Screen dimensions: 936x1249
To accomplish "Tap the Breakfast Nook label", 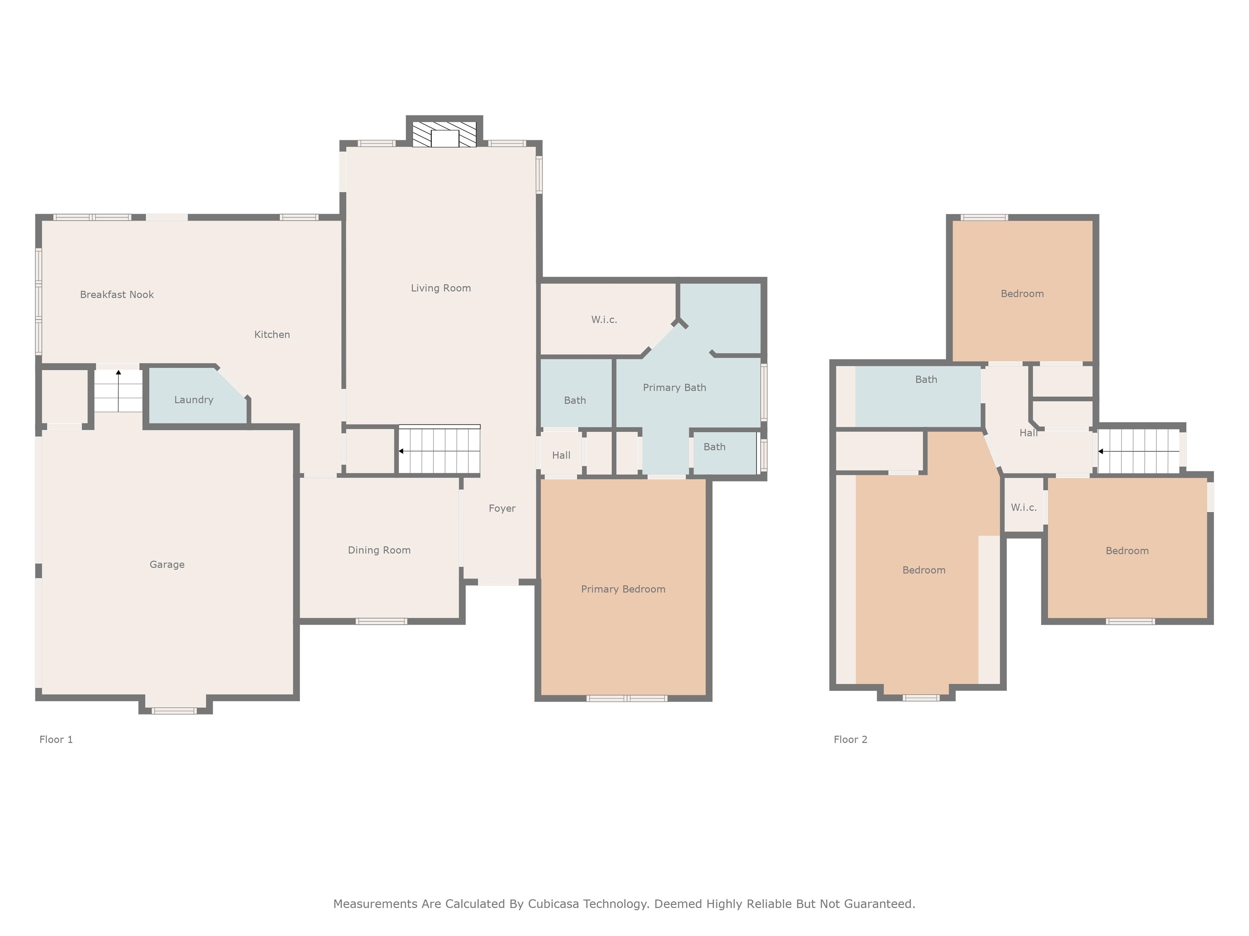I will pyautogui.click(x=117, y=295).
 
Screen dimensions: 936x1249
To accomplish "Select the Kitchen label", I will pyautogui.click(x=272, y=335).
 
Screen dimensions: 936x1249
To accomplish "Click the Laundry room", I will pyautogui.click(x=194, y=399).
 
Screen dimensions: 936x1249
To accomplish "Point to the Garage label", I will pyautogui.click(x=167, y=564).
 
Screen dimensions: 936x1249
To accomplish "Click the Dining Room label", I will pyautogui.click(x=379, y=550).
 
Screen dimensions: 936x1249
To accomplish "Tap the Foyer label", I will pyautogui.click(x=502, y=508).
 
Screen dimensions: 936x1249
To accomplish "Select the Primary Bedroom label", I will pyautogui.click(x=623, y=589).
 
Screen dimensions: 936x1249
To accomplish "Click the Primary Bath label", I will pyautogui.click(x=674, y=388).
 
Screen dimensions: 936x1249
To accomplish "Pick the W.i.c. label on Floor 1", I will pyautogui.click(x=604, y=320).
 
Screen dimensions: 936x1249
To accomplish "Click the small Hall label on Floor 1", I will pyautogui.click(x=561, y=455).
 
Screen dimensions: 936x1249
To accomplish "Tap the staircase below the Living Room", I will pyautogui.click(x=439, y=450).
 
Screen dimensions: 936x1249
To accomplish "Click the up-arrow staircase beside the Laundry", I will pyautogui.click(x=118, y=390).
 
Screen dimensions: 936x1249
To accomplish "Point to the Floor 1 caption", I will pyautogui.click(x=56, y=740).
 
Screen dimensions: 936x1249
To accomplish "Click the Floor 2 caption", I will pyautogui.click(x=851, y=740).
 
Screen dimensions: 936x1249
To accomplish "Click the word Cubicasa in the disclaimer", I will pyautogui.click(x=553, y=904).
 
